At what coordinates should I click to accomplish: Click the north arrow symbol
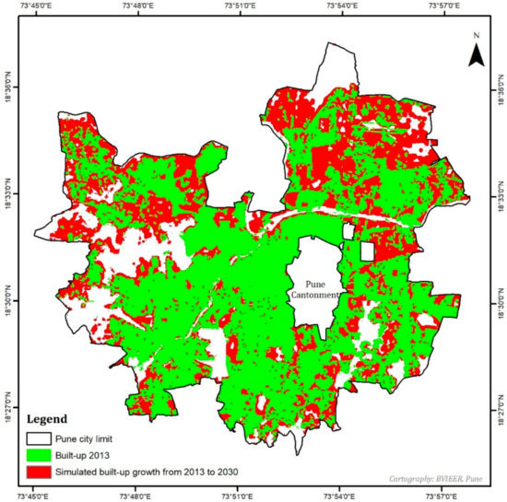tap(476, 55)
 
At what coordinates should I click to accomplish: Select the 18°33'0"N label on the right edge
tap(496, 196)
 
